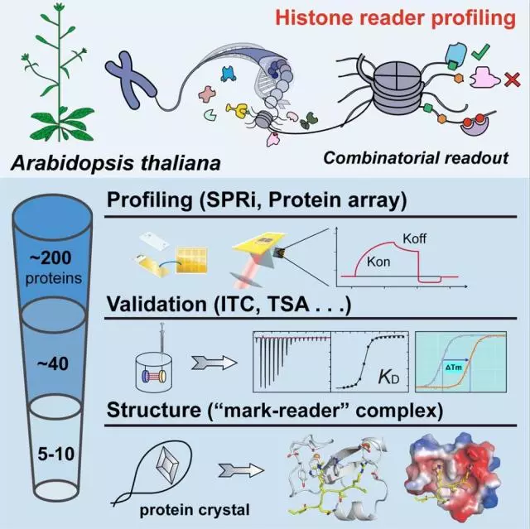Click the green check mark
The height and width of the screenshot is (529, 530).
[479, 53]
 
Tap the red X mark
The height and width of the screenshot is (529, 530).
[512, 79]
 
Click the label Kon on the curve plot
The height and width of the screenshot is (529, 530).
[378, 262]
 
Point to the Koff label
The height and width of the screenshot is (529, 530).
[414, 238]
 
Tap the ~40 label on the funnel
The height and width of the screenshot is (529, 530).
[52, 363]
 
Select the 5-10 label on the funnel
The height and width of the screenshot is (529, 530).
[55, 454]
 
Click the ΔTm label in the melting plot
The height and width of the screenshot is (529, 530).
[453, 368]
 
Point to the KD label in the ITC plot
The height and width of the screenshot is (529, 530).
[388, 378]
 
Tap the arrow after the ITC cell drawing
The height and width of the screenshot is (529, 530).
[214, 363]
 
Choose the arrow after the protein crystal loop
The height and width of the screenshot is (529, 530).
[241, 470]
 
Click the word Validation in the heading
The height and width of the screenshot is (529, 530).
[157, 304]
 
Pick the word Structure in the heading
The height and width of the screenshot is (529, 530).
[154, 410]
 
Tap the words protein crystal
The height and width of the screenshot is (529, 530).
[195, 511]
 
